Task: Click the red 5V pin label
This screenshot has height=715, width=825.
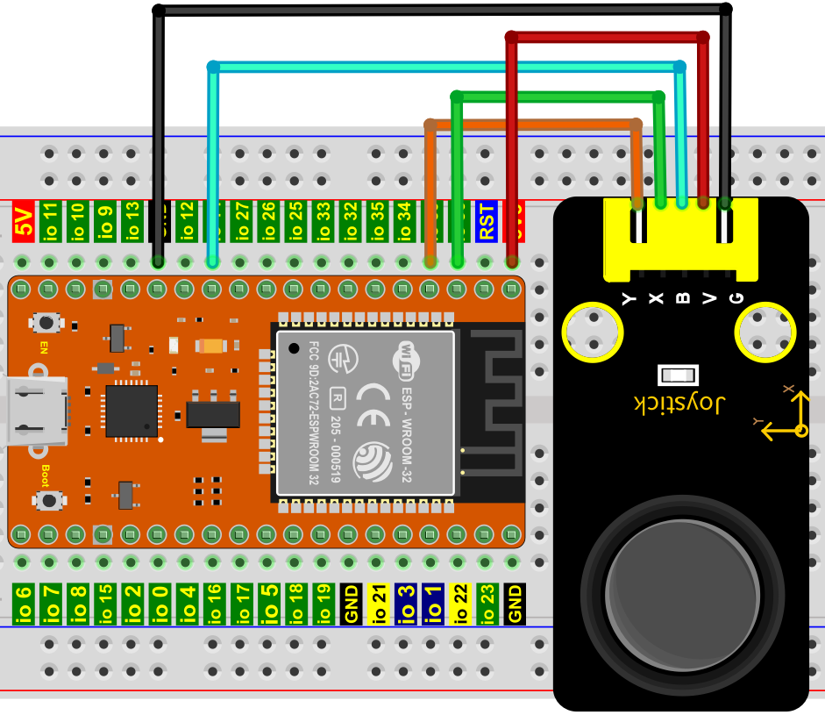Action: coord(23,223)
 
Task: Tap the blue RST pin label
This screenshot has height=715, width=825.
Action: coord(487,223)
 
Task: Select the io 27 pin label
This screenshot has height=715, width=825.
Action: coord(241,223)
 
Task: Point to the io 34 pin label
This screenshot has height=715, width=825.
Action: coord(404,223)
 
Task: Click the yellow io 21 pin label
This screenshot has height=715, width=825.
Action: coord(378,604)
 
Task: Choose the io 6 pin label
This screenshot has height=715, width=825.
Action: coord(24,604)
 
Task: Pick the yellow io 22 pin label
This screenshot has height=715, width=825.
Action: coord(459,604)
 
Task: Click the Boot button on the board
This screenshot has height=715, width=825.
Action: coord(49,501)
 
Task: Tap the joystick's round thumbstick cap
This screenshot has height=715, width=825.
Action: coord(683,597)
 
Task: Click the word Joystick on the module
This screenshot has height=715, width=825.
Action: coord(681,404)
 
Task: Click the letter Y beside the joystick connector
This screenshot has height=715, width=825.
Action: coord(628,298)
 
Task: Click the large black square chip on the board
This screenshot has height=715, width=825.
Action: coord(132,411)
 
